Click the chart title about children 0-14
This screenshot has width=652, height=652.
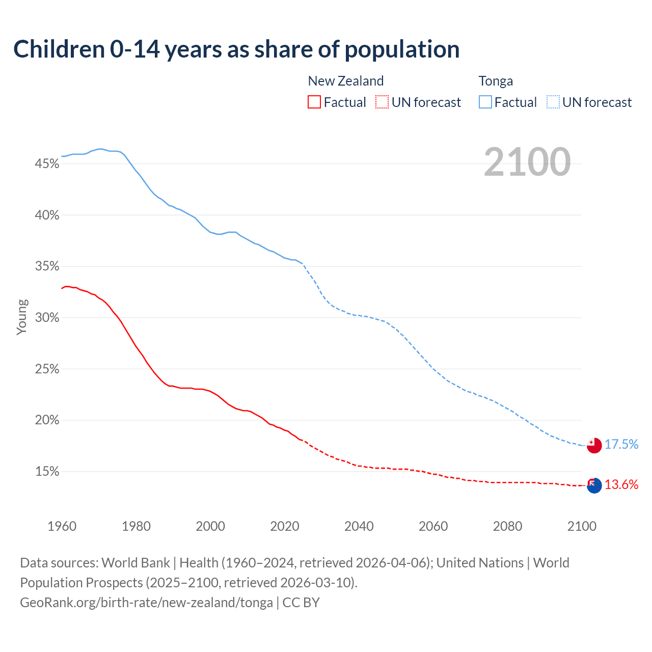coord(236,49)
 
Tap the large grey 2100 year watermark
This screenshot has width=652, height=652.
coord(527,162)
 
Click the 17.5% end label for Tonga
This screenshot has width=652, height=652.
coord(621,444)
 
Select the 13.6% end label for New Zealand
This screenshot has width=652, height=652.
coord(621,484)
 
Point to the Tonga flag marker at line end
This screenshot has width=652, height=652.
coord(594,445)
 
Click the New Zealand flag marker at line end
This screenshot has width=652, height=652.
coord(594,485)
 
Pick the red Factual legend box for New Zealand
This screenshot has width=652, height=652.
coord(314,102)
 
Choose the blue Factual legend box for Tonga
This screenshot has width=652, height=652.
coord(485,102)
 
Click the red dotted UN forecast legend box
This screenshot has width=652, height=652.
coord(382,102)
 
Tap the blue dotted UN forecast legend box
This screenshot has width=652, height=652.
coord(553,102)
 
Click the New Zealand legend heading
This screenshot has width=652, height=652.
coord(345,81)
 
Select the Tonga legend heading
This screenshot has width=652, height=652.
coord(496,81)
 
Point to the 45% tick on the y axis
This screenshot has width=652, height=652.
coord(47,164)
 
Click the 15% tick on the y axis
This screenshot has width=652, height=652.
coord(47,472)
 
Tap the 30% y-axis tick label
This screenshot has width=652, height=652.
coord(47,318)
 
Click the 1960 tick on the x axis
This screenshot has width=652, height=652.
coord(62,526)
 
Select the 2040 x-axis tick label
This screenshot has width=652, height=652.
coord(359,526)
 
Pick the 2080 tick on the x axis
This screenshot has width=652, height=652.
coord(507,526)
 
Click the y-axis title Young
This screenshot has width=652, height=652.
coord(22,317)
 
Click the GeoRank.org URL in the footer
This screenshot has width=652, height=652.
coord(146,603)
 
